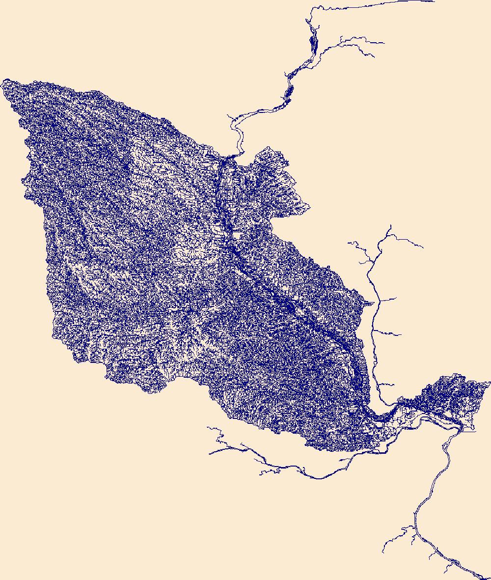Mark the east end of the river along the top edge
434,1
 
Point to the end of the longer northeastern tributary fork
383,43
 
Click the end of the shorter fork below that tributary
373,57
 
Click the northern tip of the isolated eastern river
390,225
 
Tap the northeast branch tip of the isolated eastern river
423,247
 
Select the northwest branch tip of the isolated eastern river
348,242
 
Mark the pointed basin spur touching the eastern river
373,303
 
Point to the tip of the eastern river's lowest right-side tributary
394,385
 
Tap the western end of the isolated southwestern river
210,453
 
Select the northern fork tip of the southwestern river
208,427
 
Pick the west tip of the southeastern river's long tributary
383,552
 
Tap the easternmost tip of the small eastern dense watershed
490,382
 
